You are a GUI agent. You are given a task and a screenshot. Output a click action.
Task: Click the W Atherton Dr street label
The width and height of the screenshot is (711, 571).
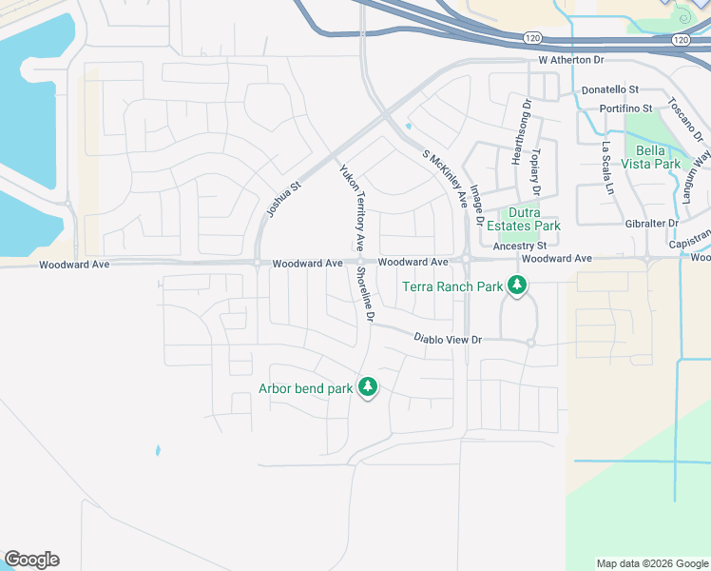pyautogui.click(x=571, y=60)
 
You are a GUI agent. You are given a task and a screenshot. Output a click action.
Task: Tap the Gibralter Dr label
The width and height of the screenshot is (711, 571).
pyautogui.click(x=645, y=223)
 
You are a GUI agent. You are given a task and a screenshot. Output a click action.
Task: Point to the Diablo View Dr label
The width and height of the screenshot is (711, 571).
pyautogui.click(x=449, y=338)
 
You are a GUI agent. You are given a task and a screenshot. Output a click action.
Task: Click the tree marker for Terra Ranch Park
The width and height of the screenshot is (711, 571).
pyautogui.click(x=517, y=285)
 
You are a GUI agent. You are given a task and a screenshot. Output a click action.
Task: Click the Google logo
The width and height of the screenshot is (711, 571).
pyautogui.click(x=31, y=560)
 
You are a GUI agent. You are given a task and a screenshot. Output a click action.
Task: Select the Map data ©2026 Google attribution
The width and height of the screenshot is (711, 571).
pyautogui.click(x=651, y=563)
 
